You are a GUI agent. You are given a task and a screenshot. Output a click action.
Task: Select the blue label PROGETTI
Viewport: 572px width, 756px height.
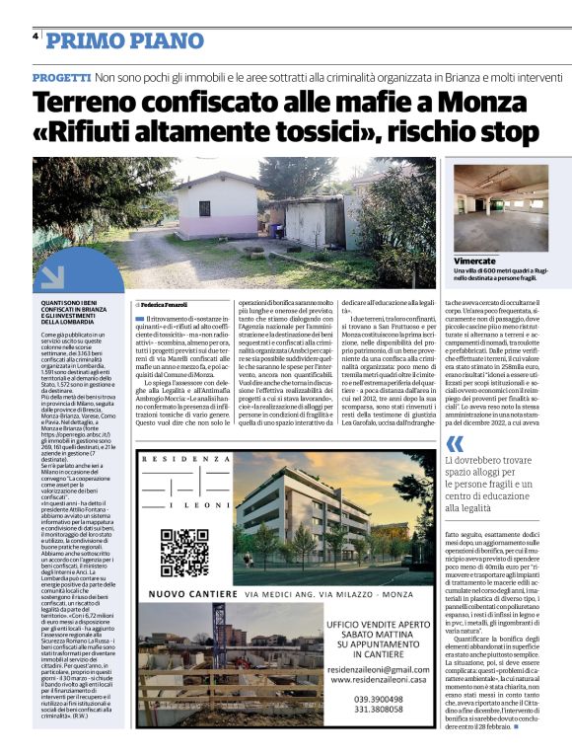(61, 77)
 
